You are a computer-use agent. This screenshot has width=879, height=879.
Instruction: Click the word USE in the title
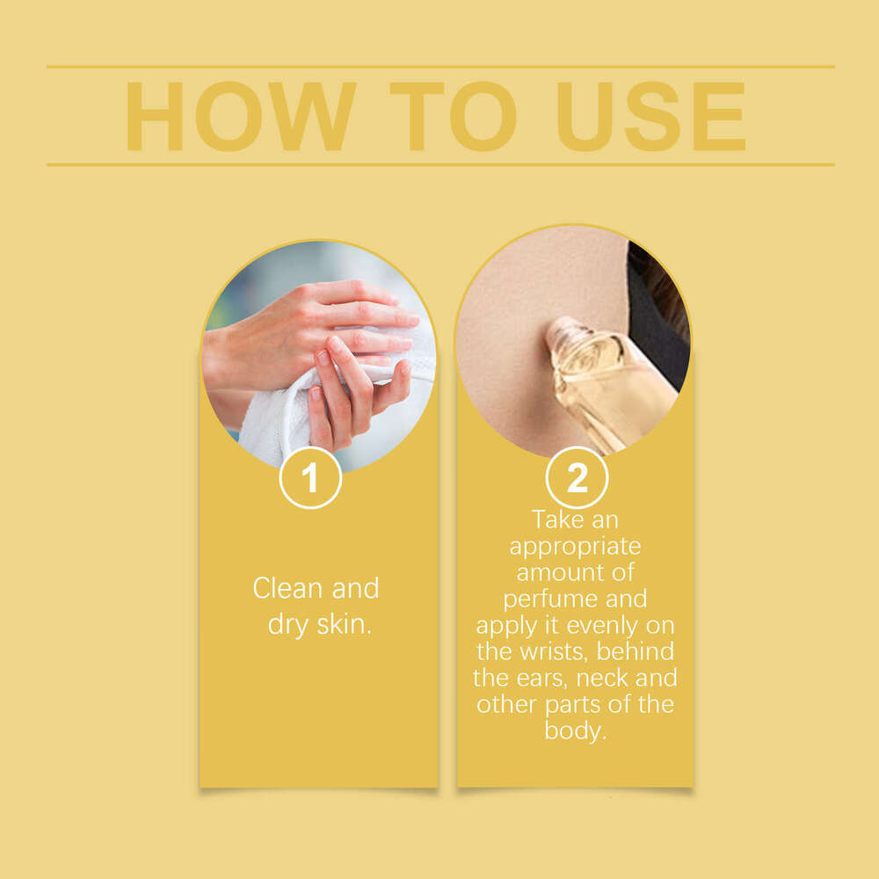click(650, 117)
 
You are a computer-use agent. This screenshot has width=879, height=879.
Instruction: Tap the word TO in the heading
click(453, 117)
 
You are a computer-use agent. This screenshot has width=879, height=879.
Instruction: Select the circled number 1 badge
click(310, 477)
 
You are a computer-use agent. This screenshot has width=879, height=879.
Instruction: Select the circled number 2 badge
click(577, 477)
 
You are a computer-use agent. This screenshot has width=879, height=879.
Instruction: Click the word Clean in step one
click(288, 588)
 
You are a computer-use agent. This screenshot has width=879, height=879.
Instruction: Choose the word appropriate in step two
click(575, 547)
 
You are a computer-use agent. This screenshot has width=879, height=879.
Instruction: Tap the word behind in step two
click(636, 650)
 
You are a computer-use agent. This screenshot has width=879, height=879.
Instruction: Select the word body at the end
click(575, 731)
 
